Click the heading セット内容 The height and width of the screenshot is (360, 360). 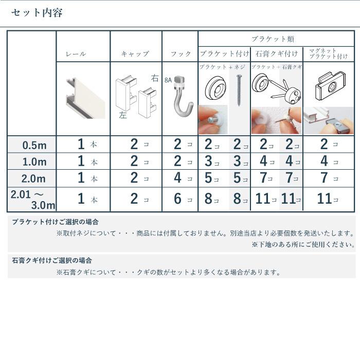tap(37, 13)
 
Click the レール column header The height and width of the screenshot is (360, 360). tap(76, 54)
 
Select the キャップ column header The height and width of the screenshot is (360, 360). tap(135, 54)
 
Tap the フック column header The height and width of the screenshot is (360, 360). tap(181, 54)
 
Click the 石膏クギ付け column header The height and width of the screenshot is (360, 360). tap(277, 54)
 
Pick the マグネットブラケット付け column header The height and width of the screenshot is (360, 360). tap(328, 53)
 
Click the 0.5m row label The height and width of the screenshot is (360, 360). tap(34, 145)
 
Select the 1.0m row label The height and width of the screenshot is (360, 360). tap(34, 162)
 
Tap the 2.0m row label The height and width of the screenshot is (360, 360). tap(34, 179)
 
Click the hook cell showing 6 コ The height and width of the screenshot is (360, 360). tap(181, 199)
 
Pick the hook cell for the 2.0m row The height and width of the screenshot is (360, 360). tap(181, 179)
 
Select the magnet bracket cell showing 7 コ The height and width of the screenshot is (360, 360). tap(328, 179)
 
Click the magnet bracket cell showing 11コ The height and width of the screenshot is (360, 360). tap(328, 199)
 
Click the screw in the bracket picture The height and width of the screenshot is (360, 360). tap(239, 89)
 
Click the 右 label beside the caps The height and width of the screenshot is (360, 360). tap(155, 78)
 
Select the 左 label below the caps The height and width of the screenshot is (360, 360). tap(122, 116)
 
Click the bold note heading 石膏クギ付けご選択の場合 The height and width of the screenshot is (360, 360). tap(52, 261)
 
